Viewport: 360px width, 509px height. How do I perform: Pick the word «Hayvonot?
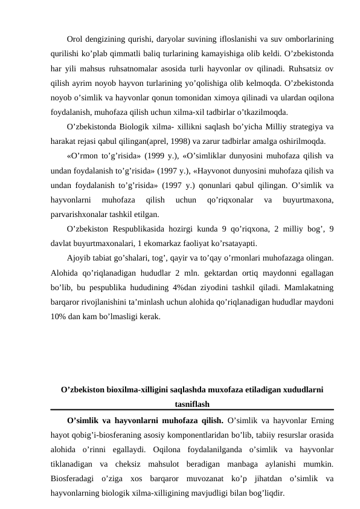click(x=232, y=170)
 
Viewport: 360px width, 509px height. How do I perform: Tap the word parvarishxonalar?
click(x=79, y=215)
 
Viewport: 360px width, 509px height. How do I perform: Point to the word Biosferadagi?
click(x=76, y=478)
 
